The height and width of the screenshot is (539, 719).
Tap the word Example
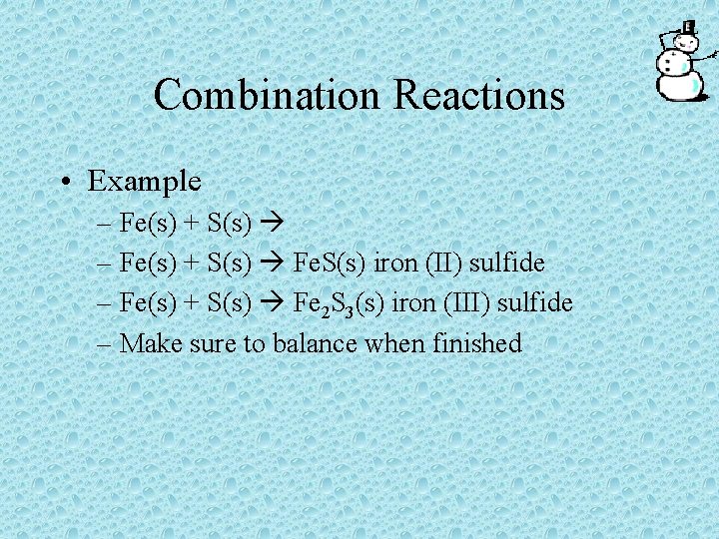click(x=145, y=181)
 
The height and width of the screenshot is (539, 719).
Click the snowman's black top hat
click(x=687, y=28)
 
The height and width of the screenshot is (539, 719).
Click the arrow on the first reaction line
click(x=273, y=222)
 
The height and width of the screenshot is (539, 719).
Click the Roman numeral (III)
click(x=480, y=302)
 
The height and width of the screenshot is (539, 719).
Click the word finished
click(x=477, y=343)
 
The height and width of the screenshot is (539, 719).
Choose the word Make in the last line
click(x=147, y=343)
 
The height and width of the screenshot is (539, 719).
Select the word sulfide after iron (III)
click(x=540, y=302)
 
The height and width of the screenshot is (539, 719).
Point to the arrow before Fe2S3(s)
click(x=273, y=302)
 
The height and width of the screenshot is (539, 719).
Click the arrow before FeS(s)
click(x=273, y=263)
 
